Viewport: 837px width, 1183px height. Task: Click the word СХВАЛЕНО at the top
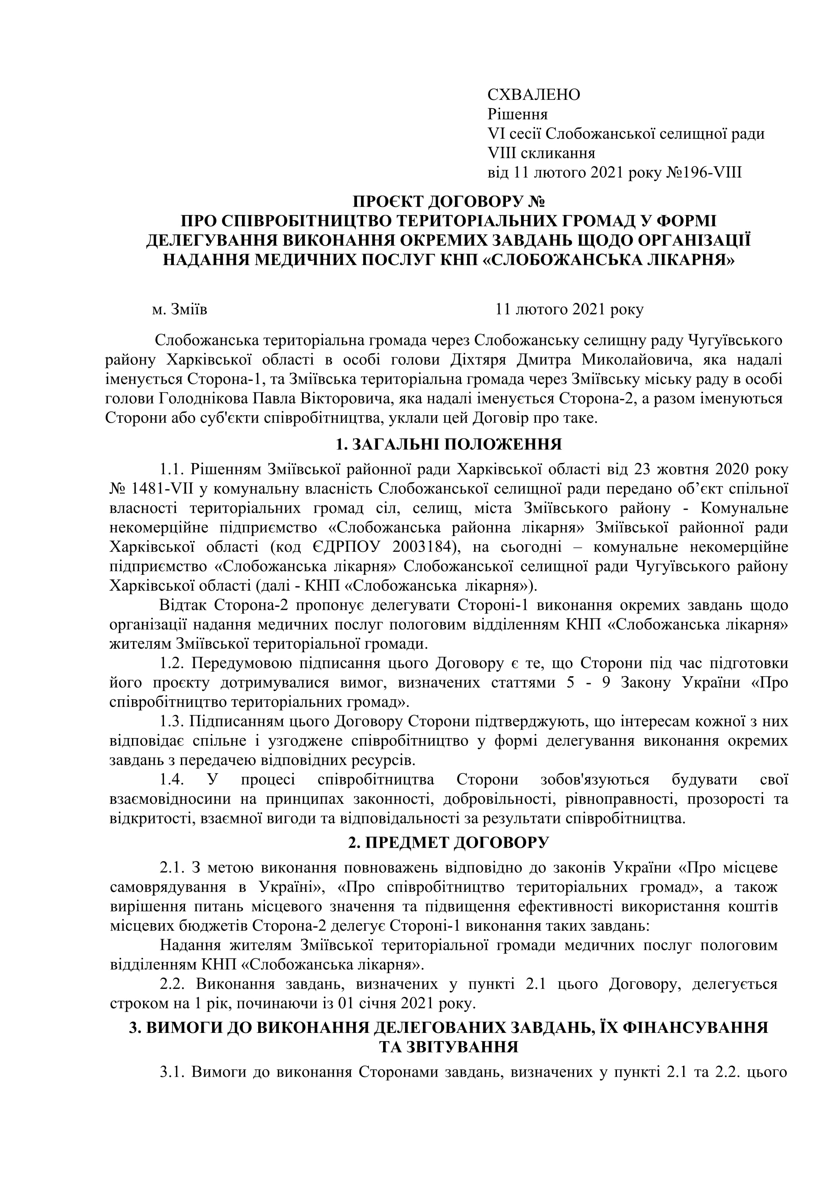coord(534,95)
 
